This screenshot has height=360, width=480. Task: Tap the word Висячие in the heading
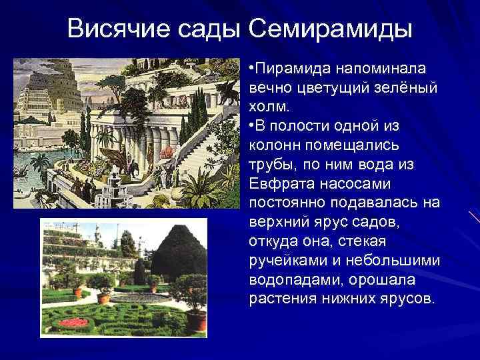(117, 29)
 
